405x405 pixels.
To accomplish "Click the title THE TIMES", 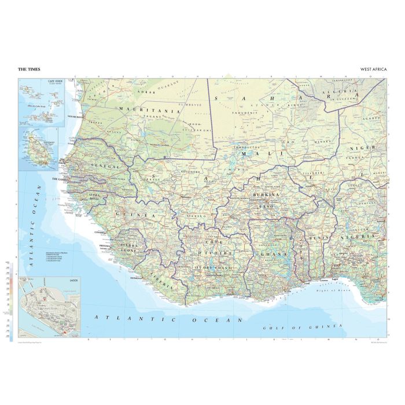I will point(30,69).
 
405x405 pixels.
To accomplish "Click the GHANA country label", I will point(267,255).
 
